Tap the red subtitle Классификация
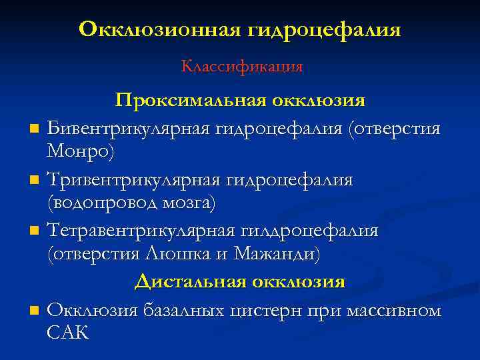point(241,67)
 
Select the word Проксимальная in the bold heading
point(191,100)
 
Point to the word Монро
point(79,152)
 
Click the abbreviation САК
point(68,333)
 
